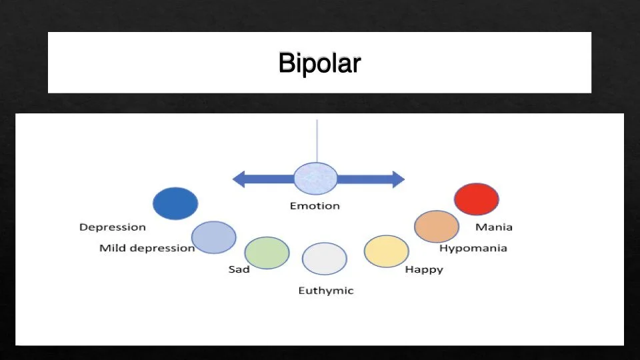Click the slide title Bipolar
tap(319, 63)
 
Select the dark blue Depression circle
tap(175, 203)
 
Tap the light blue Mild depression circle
tap(213, 237)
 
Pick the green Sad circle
tap(267, 253)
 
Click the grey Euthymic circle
tap(325, 259)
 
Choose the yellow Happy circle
tap(386, 251)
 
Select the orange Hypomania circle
tap(437, 226)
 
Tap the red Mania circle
tap(477, 199)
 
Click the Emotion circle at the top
tap(315, 179)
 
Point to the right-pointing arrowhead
tap(397, 179)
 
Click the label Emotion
tap(315, 206)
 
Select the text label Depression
tap(112, 227)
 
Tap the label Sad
tap(239, 270)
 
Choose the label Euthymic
tap(325, 291)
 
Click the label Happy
tap(424, 270)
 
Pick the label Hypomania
tap(473, 249)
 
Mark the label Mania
tap(494, 227)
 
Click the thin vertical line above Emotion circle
tap(317, 141)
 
